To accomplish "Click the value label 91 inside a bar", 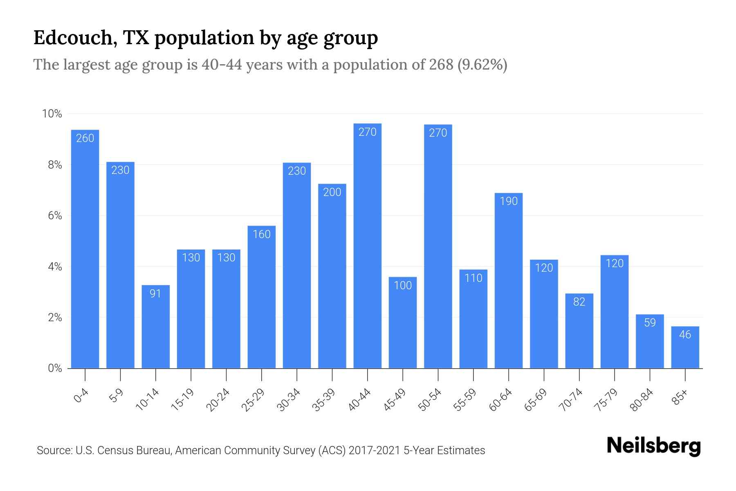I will pos(155,293).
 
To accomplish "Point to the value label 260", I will pos(85,138).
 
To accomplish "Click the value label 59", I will pos(650,323).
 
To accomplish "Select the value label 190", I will pos(509,201).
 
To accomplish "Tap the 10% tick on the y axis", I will pos(52,114).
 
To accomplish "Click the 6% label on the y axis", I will pos(55,216).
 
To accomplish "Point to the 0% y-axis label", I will pos(55,368).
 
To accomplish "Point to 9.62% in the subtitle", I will pos(482,65).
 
